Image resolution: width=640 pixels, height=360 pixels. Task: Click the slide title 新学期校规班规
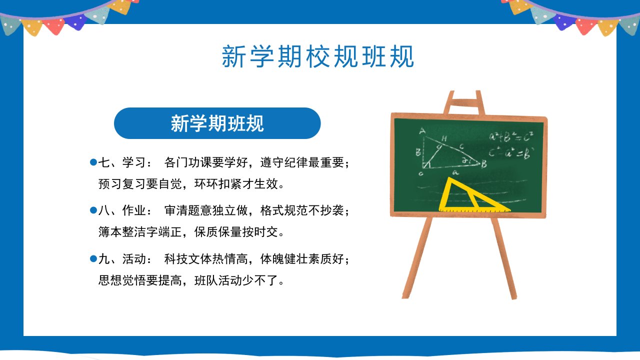tap(317, 56)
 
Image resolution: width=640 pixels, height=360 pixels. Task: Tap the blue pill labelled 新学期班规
tap(217, 123)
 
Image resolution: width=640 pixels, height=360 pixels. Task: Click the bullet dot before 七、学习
tap(93, 162)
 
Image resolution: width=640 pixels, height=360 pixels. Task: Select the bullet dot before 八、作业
tap(93, 210)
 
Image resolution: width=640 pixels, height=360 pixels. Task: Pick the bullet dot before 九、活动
tap(93, 259)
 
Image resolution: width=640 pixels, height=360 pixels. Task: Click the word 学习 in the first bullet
tap(134, 162)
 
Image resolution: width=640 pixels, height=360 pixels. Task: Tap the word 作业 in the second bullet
tap(134, 210)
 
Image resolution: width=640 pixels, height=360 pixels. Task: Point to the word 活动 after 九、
tap(134, 259)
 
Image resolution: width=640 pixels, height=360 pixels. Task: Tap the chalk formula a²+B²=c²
tap(511, 137)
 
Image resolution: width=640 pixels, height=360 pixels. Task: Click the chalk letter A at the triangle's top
tap(422, 131)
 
